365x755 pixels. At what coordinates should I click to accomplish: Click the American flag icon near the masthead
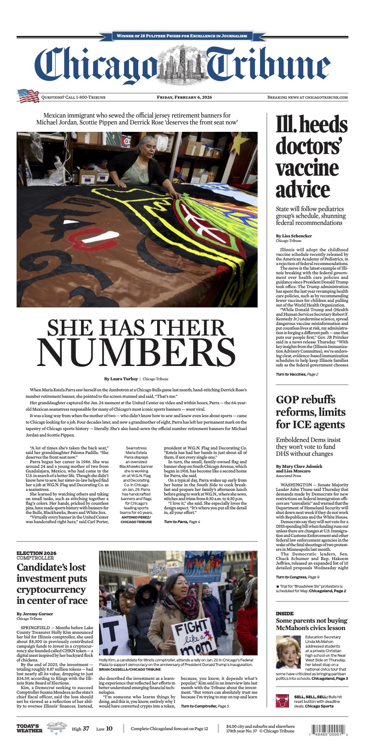(29, 96)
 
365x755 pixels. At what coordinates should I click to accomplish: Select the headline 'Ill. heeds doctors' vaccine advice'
(312, 157)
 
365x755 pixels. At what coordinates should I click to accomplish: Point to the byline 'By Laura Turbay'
(121, 379)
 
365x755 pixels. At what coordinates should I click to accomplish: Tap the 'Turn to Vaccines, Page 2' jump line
(297, 374)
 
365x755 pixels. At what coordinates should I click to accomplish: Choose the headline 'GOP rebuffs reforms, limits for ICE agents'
(310, 412)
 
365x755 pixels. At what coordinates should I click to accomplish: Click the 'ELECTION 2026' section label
(36, 553)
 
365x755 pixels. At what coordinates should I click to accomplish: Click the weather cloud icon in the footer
(56, 728)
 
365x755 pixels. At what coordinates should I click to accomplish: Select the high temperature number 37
(86, 729)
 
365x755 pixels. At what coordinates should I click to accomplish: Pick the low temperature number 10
(109, 729)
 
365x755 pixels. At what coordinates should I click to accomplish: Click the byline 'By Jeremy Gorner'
(35, 614)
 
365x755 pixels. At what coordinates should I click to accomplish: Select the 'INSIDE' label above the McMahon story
(284, 613)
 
